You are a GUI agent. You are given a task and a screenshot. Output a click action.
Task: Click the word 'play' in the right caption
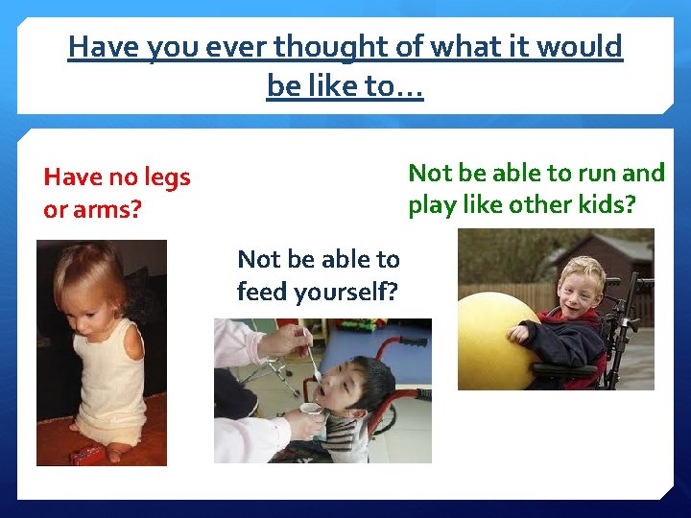click(x=434, y=205)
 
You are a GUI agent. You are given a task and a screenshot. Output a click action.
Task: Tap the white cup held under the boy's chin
click(x=309, y=411)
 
